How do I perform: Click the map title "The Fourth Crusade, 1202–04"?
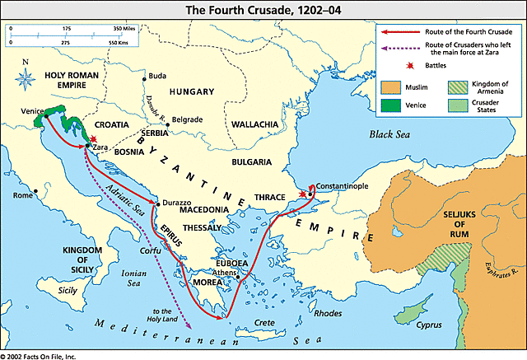[x=263, y=9]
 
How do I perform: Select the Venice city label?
[x=33, y=110]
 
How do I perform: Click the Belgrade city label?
[x=185, y=119]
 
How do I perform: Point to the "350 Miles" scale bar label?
[x=129, y=27]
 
